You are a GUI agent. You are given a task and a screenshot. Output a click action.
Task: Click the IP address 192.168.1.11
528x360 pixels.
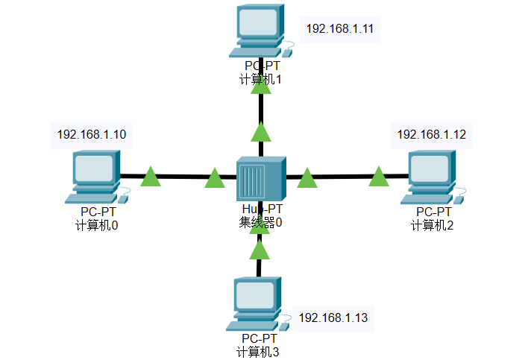(x=339, y=29)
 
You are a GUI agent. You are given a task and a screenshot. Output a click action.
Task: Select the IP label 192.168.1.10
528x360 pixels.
(x=92, y=134)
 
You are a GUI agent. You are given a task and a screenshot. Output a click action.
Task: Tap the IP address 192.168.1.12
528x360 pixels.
(x=432, y=134)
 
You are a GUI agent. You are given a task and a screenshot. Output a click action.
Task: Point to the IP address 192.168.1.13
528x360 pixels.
(x=333, y=318)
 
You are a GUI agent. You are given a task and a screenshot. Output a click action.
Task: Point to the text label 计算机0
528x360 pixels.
(x=97, y=225)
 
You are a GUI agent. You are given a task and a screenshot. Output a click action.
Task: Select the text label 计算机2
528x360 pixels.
(x=432, y=225)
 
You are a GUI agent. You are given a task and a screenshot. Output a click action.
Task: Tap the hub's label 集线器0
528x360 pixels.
(x=261, y=221)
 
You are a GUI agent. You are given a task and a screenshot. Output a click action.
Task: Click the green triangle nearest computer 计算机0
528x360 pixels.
(x=151, y=177)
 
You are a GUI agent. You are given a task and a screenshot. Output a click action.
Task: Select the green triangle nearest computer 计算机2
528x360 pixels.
(x=379, y=177)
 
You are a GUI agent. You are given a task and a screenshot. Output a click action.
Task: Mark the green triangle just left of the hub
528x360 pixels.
(x=215, y=179)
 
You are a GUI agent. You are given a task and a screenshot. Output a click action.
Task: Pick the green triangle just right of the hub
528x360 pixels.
(x=307, y=179)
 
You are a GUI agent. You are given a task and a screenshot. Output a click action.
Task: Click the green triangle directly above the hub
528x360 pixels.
(x=261, y=133)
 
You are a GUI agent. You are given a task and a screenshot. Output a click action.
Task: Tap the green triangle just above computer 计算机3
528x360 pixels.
(x=260, y=250)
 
